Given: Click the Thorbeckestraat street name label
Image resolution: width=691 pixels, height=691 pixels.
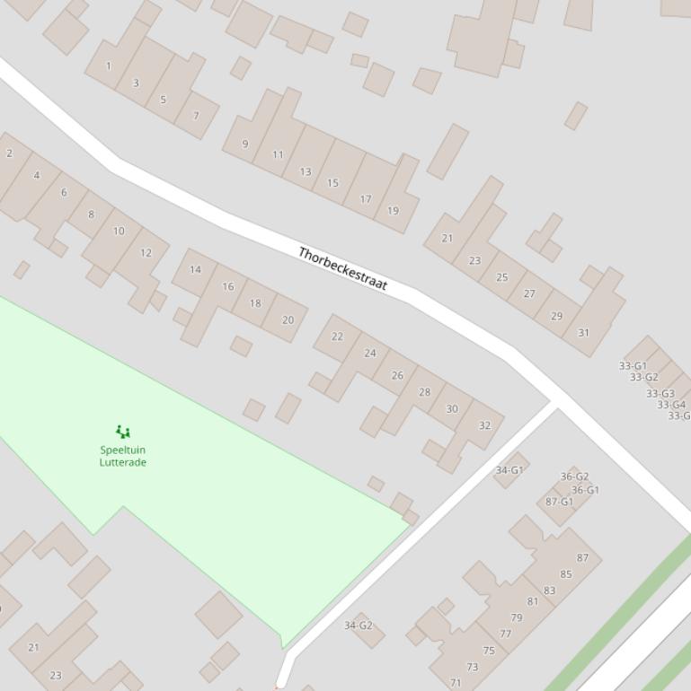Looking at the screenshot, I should coord(342,268).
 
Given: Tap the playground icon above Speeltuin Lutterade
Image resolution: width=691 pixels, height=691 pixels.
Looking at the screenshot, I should coord(123,433).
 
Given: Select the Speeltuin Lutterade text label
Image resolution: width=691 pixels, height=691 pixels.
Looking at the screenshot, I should coord(123,456).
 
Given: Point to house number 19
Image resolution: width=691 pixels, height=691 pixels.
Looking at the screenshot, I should coord(393,211).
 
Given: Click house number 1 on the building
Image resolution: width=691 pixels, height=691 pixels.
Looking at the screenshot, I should coord(109,66).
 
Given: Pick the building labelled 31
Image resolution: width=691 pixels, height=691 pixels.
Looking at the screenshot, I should coord(584,333).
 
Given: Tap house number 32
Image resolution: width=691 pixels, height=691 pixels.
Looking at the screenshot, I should coord(485,425).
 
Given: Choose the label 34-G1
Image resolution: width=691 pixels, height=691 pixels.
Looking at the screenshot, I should coord(509,469).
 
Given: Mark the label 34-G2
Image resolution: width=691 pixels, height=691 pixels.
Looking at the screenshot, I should coord(359,625).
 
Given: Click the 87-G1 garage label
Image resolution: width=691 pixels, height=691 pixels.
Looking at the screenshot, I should coord(559,502).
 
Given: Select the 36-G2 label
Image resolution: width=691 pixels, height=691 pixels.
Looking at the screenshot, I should coord(574,477).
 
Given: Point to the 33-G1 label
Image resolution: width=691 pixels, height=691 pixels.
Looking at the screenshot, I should coord(633,365).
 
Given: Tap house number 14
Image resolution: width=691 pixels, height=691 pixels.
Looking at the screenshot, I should coord(195,269).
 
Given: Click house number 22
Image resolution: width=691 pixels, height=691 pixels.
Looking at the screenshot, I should coord(337,337).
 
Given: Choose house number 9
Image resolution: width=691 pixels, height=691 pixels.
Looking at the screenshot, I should coord(244,144).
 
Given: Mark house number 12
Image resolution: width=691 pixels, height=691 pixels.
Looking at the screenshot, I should coord(146,252).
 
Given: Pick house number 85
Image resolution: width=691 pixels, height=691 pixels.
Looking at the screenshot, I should coord(566,574).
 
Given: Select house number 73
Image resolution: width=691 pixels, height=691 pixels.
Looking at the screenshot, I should coord(472,667).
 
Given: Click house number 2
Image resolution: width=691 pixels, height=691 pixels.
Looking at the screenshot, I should coord(9,153).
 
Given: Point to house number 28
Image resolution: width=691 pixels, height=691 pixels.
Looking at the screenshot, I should coord(424,391).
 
